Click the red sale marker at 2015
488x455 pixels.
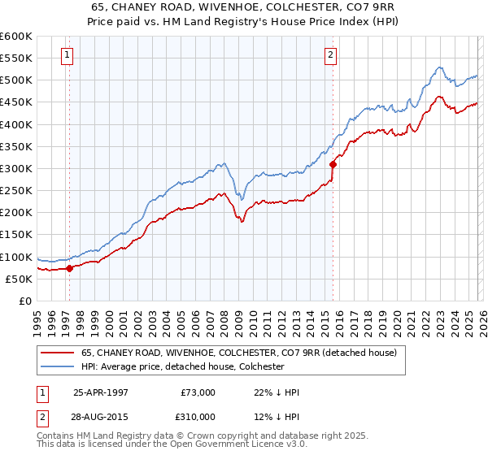(333, 164)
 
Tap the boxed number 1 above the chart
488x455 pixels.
(66, 55)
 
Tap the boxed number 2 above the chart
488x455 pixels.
(331, 55)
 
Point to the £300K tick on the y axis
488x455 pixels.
(15, 169)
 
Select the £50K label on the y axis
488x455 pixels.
(18, 279)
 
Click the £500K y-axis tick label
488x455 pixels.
(15, 80)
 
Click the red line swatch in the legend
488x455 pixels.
(58, 353)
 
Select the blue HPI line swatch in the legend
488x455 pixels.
(58, 366)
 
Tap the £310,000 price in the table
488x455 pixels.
(199, 416)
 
